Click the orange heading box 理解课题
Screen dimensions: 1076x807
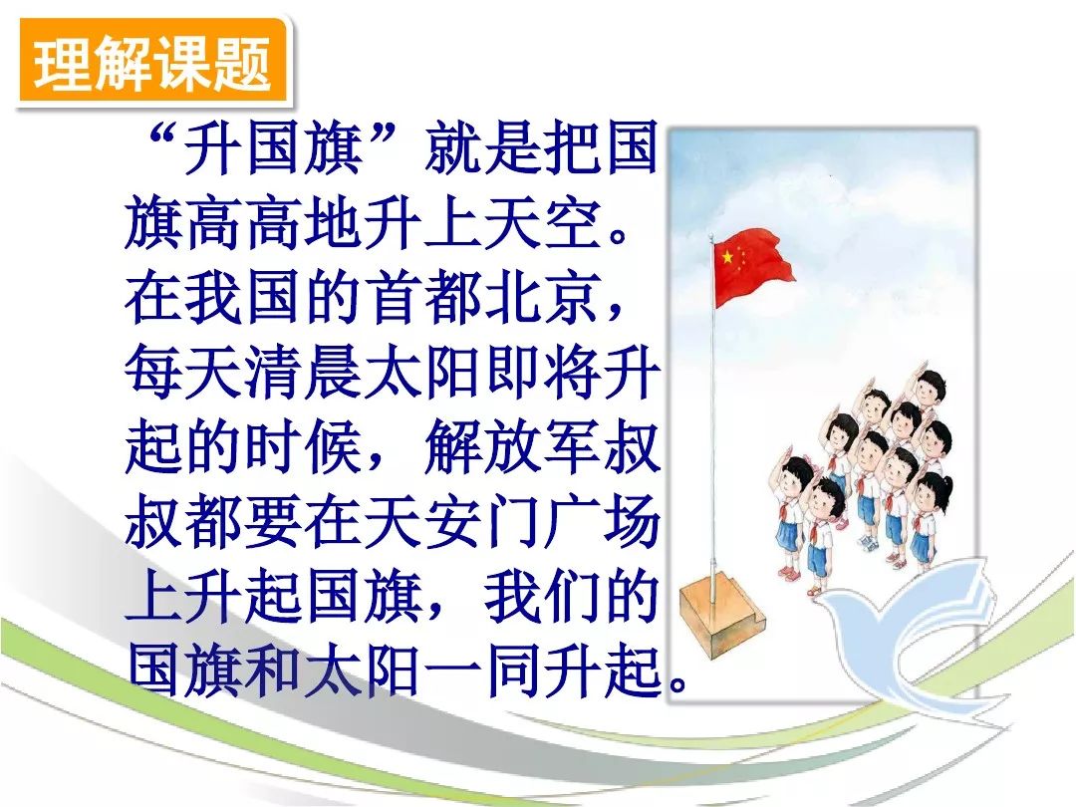[152, 64]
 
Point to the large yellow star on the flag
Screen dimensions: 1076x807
[727, 257]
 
